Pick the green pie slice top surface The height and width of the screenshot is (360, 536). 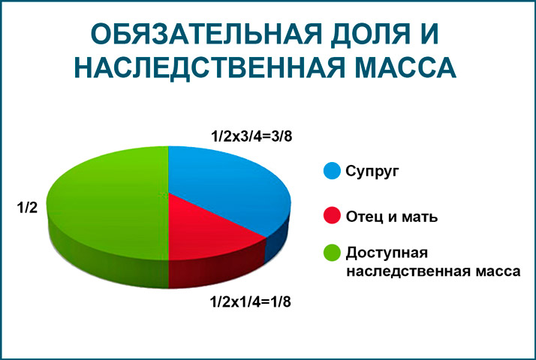coord(105,199)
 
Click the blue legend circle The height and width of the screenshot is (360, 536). coord(331,171)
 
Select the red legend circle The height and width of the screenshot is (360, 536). coord(331,217)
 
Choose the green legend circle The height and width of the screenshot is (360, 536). coord(331,251)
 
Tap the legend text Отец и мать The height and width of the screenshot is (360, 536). coord(392,217)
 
